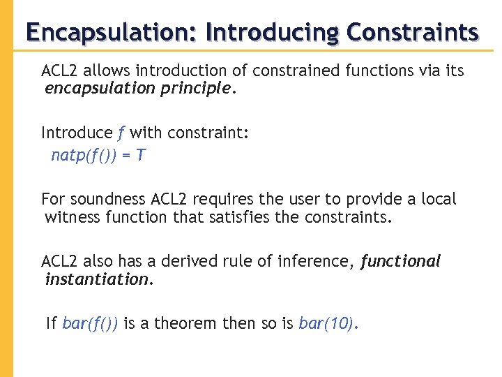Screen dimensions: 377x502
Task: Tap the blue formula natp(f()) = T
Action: pyautogui.click(x=98, y=155)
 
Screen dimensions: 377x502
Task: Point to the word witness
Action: pyautogui.click(x=73, y=217)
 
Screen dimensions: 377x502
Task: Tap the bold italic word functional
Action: pyautogui.click(x=401, y=262)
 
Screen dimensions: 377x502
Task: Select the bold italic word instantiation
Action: pyautogui.click(x=97, y=280)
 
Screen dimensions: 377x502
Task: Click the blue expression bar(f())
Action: pyautogui.click(x=90, y=324)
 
